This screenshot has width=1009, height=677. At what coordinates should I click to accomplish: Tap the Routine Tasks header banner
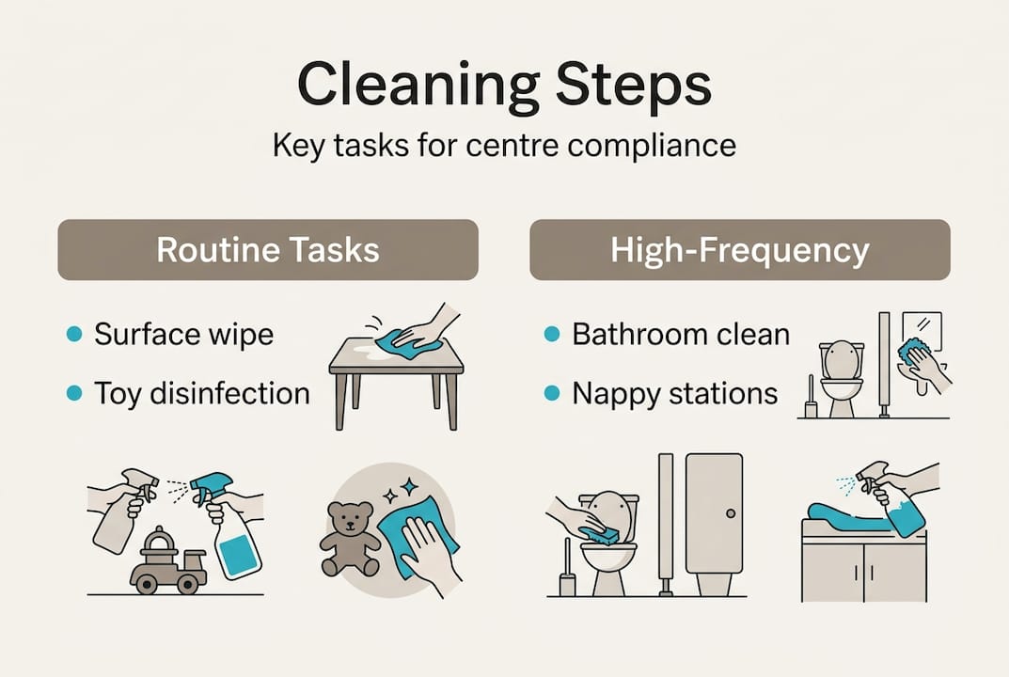tap(268, 250)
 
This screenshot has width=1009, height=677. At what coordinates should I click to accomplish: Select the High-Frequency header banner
tap(740, 250)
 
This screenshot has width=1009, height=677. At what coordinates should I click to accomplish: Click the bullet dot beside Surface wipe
tap(74, 334)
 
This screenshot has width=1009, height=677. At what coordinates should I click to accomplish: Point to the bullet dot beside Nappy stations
tap(552, 393)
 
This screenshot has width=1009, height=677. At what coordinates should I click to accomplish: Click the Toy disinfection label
tap(202, 394)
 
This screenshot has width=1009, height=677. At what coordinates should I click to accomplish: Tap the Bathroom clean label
tap(681, 335)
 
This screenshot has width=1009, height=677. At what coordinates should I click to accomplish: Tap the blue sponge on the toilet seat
tap(602, 533)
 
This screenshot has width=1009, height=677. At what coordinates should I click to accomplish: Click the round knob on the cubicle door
tap(731, 513)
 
